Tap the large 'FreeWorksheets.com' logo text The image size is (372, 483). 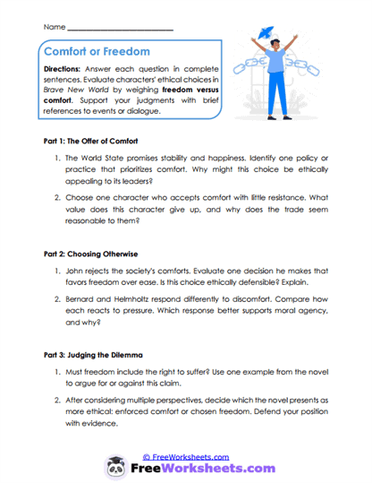[199, 468]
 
